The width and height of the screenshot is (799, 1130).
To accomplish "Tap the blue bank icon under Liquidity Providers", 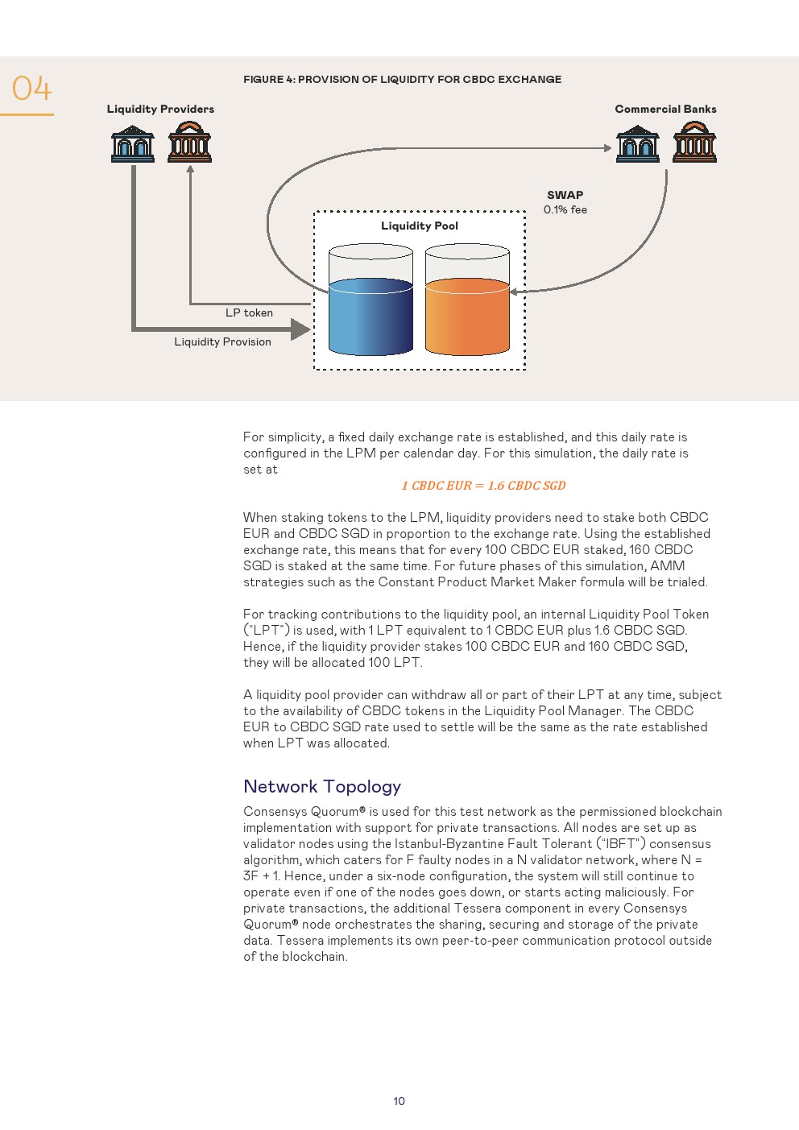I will tap(133, 143).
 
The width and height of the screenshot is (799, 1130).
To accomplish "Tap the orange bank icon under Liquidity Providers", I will tap(190, 142).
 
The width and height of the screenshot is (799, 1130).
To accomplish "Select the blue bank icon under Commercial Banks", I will tap(637, 143).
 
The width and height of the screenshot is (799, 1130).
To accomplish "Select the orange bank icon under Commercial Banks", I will tap(694, 142).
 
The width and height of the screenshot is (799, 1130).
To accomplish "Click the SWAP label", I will tap(565, 195).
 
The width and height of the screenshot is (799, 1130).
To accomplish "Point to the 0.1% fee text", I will tap(565, 209).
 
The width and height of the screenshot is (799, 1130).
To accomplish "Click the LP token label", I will tap(249, 313).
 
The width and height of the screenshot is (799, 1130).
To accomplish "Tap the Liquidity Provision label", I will tap(222, 341).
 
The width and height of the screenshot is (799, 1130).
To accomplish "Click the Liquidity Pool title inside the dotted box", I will tap(419, 226).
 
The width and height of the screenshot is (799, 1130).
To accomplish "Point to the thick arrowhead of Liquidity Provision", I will tap(300, 329).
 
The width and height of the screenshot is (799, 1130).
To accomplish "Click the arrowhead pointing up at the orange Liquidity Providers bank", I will tap(190, 169).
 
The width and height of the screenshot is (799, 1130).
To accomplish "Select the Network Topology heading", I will tap(322, 786).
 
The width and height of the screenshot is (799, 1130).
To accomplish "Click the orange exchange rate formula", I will tap(483, 485).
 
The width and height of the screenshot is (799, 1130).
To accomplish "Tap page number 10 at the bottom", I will tap(399, 1101).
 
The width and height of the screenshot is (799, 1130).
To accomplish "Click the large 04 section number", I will tap(31, 89).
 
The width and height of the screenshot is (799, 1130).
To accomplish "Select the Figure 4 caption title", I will tap(402, 79).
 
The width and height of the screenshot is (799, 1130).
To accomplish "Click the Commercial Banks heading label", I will tap(665, 109).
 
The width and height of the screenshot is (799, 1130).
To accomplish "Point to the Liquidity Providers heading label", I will tap(160, 109).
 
